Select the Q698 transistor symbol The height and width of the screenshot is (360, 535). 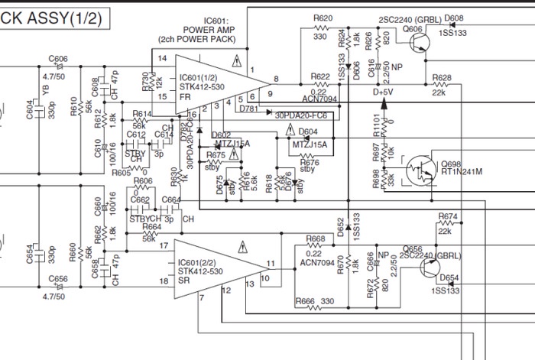[x=420, y=169]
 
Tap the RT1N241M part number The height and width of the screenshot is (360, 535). [x=461, y=174]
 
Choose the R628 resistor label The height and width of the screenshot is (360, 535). [x=441, y=79]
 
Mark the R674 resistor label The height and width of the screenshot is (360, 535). [x=449, y=216]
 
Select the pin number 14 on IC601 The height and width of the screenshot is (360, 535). [x=161, y=58]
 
